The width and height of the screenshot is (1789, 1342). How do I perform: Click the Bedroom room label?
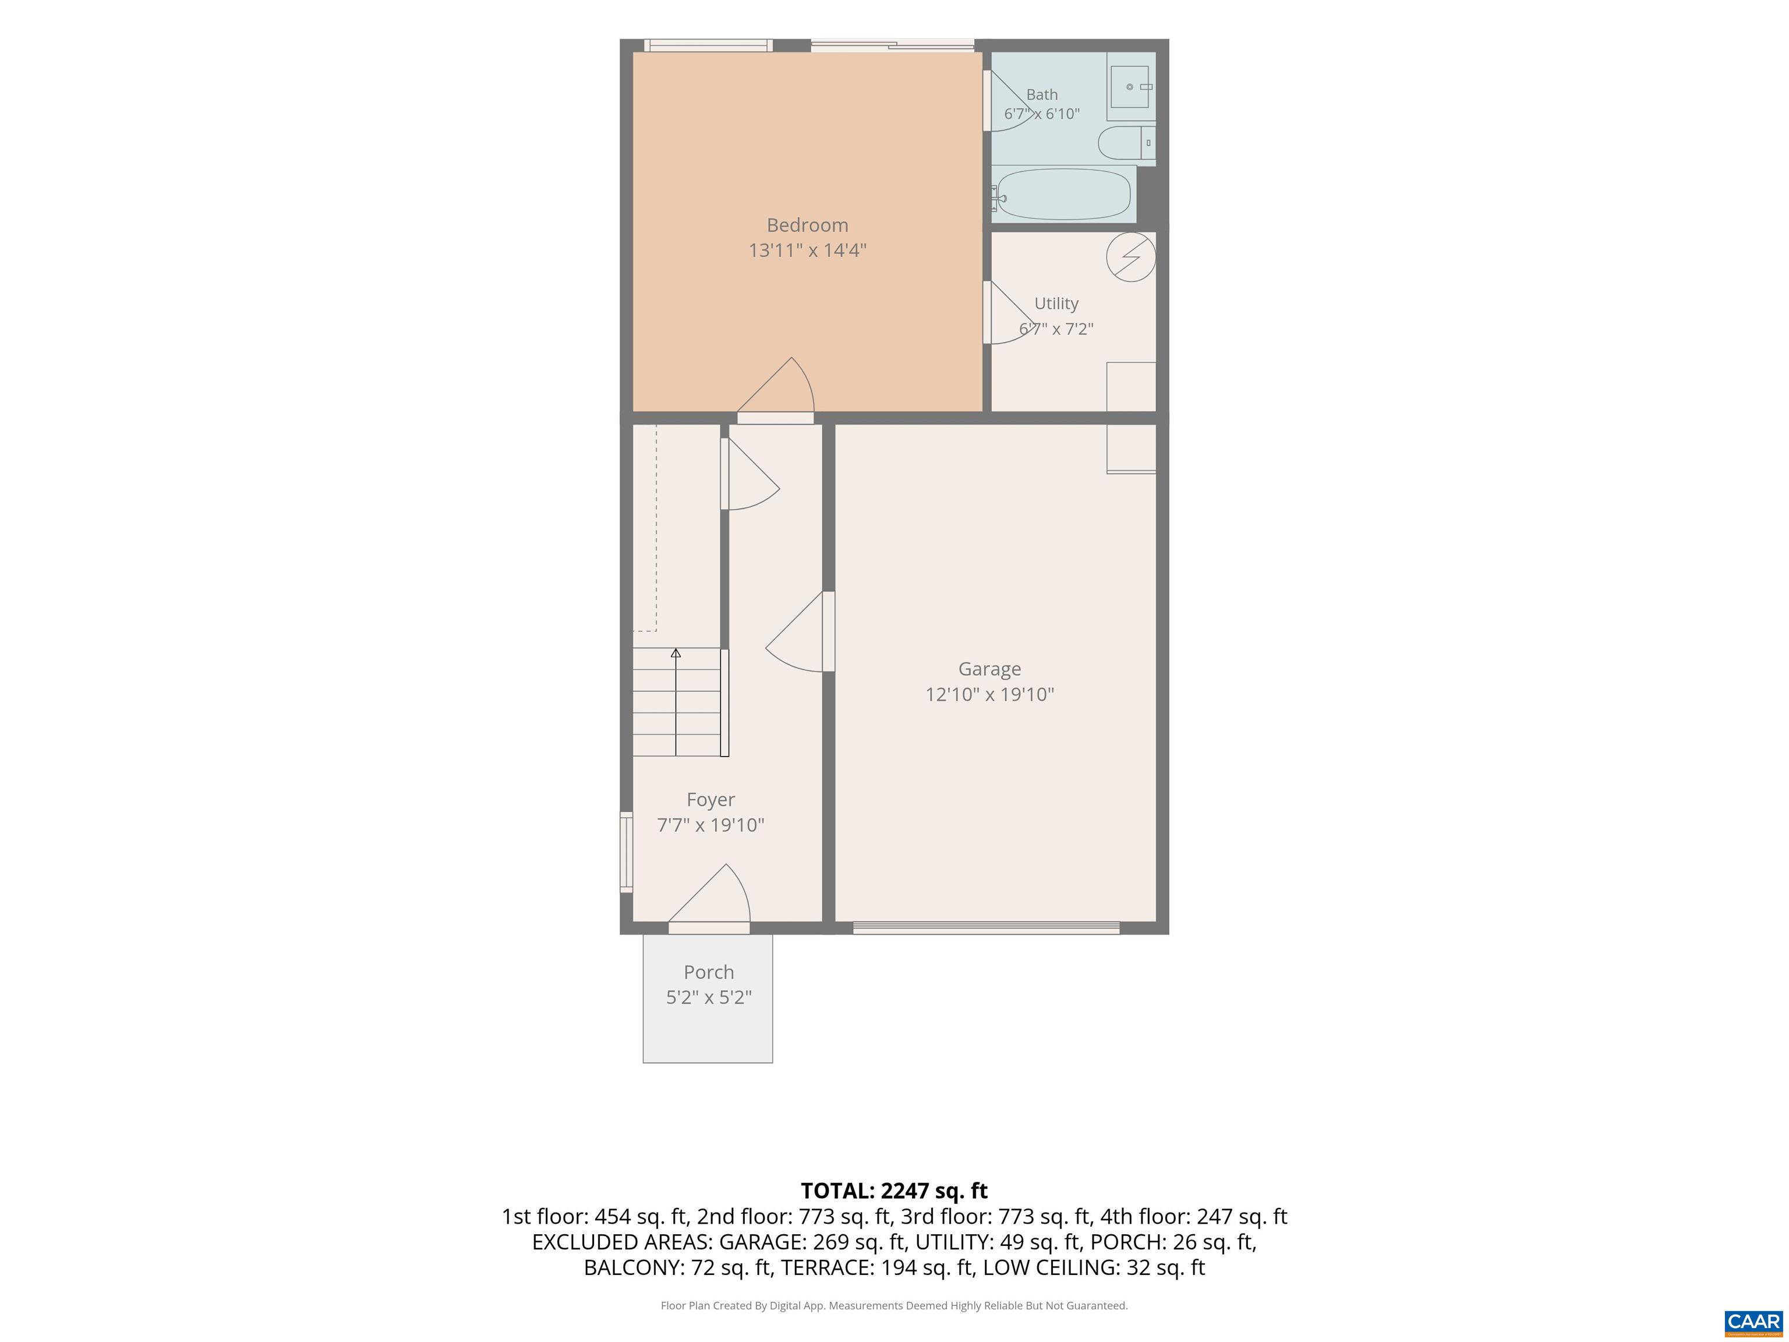(x=807, y=225)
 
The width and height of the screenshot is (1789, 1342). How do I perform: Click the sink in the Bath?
(x=1130, y=87)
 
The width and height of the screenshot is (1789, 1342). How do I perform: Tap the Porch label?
(x=709, y=972)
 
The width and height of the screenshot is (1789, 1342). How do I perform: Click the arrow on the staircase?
(x=676, y=702)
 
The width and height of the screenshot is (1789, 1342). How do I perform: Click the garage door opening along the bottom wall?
(x=986, y=928)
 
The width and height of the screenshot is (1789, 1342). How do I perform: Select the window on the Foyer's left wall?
(x=626, y=852)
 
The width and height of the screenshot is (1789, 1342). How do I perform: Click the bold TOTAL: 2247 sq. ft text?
(x=894, y=1191)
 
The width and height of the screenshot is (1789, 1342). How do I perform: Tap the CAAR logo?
(x=1753, y=1323)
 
